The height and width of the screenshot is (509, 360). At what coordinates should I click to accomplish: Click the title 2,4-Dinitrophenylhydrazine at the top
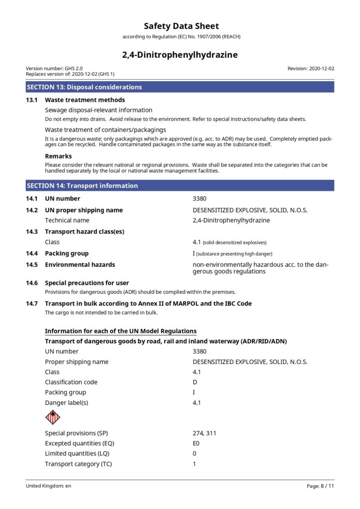pos(180,55)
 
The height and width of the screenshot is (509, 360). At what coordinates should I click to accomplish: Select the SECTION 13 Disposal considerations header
pos(84,87)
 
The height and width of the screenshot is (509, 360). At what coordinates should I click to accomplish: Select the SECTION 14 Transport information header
pos(82,185)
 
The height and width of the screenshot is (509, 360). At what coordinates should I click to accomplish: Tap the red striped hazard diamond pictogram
pos(52,417)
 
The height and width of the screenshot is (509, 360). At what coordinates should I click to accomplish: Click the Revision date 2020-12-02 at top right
pos(311,69)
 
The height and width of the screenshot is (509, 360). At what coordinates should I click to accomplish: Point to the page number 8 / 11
pos(320,486)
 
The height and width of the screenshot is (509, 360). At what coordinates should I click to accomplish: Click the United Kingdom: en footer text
pos(48,486)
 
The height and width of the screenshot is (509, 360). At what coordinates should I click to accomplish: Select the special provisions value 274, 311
pos(204,433)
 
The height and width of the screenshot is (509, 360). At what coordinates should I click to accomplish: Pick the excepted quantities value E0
pos(196,443)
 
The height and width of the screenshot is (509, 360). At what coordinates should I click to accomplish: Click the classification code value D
pos(195,382)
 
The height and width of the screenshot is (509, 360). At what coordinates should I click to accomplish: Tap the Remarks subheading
pos(58,156)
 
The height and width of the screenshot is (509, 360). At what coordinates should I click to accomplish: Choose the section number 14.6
pos(32,283)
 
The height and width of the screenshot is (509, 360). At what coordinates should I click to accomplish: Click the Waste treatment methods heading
pos(85,100)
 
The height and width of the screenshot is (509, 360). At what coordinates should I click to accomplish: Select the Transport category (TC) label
pos(78,464)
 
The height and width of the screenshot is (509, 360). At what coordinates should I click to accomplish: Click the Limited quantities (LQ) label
pos(77,453)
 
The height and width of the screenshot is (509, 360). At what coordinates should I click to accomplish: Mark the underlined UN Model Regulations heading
pos(120,331)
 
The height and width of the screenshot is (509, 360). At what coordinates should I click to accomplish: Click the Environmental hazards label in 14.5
pos(80,264)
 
